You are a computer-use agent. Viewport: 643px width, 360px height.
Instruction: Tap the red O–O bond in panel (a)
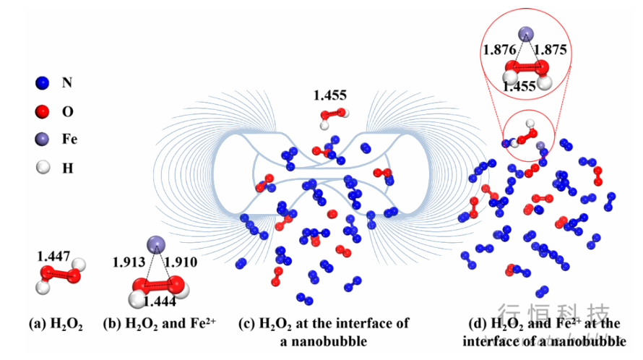point(58,275)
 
